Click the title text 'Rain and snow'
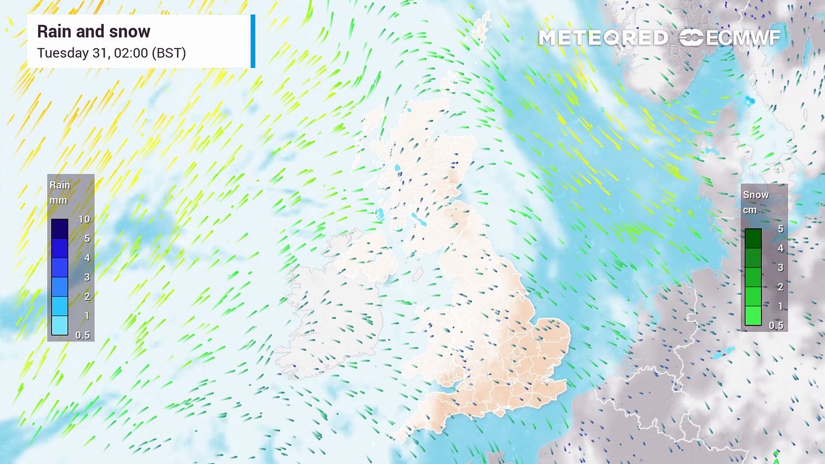pos(93,32)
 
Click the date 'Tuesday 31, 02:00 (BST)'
pos(112,53)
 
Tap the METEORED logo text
pos(603,38)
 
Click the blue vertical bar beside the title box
pos(253,41)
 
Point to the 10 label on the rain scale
pos(83,219)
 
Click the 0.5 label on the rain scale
pos(83,335)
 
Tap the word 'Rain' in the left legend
pos(60,186)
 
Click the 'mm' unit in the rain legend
pos(58,200)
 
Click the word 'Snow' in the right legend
pos(756,195)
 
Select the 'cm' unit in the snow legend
pos(749,210)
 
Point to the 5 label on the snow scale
pos(780,229)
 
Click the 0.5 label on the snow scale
pos(776,325)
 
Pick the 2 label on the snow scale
pos(780,287)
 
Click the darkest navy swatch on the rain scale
pos(60,229)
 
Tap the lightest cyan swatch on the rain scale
pos(60,325)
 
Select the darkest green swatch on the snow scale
pos(753,238)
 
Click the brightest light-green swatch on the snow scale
pos(753,316)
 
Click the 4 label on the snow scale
pos(780,248)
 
